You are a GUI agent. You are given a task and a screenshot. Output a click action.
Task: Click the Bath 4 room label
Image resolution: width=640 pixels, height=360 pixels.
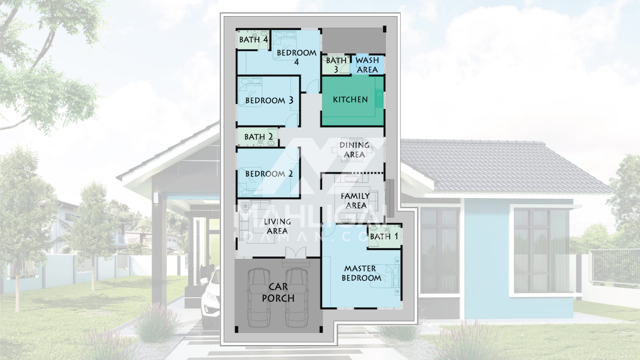(253, 39)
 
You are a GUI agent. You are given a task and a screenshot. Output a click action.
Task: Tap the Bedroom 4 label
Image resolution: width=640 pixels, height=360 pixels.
(296, 57)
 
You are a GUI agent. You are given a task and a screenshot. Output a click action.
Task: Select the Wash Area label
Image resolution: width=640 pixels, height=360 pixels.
(367, 65)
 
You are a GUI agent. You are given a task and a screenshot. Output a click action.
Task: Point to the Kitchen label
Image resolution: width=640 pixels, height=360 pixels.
(350, 99)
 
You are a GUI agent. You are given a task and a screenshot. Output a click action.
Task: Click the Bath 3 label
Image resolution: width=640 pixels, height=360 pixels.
(336, 65)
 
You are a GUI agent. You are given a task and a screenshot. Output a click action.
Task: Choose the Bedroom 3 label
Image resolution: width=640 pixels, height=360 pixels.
(269, 100)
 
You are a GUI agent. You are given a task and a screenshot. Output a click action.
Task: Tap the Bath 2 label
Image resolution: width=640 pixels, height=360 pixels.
(259, 137)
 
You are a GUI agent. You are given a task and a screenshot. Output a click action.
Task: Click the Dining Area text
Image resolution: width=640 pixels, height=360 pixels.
(354, 150)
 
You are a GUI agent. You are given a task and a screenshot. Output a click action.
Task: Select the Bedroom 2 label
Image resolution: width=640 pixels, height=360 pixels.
(269, 174)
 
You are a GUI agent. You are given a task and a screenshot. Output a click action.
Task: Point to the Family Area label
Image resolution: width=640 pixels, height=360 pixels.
(355, 201)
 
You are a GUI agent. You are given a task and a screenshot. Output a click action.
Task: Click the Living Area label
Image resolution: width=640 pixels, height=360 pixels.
(277, 226)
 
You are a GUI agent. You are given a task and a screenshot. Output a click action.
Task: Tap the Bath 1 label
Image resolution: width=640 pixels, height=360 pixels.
(384, 236)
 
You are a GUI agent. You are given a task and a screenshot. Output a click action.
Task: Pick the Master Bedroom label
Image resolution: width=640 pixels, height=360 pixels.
(361, 273)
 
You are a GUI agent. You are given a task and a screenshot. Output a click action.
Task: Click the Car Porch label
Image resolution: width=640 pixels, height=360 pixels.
(278, 292)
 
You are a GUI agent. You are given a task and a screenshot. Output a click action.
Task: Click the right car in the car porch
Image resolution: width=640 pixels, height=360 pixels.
(297, 298)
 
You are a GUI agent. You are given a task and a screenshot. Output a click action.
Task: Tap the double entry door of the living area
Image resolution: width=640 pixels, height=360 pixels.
(296, 252)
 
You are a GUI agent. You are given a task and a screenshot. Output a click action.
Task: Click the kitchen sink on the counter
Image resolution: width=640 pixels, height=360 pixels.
(380, 99)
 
